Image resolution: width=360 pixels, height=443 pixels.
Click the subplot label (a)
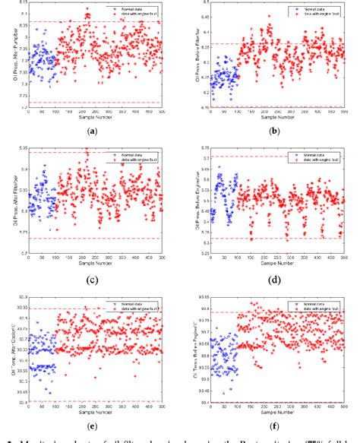pyautogui.click(x=93, y=131)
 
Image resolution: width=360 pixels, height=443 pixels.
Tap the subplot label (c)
pyautogui.click(x=93, y=280)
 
